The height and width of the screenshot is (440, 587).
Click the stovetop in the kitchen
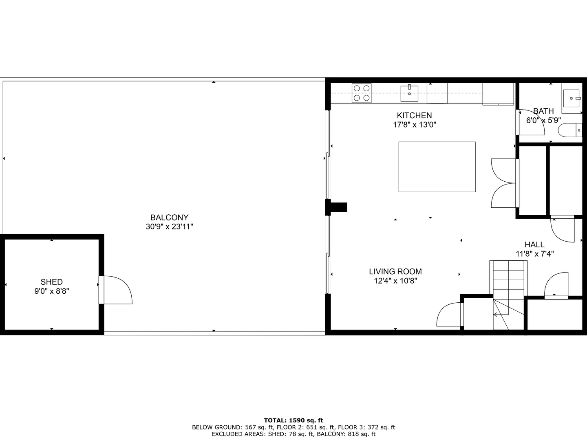coord(362,93)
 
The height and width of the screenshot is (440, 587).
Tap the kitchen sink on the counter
coord(409,93)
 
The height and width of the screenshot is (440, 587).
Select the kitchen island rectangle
coord(437,167)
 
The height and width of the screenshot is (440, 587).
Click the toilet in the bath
coord(569,130)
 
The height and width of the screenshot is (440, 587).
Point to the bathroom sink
coord(572,98)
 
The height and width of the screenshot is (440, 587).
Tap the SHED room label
coord(52,282)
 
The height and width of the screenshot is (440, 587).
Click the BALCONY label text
coord(169,218)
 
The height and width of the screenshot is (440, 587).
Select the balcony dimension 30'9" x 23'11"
coord(169,227)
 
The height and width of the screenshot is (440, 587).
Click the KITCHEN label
coord(414,116)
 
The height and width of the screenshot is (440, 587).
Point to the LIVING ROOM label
coord(395,272)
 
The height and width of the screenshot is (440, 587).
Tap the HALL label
coord(534,244)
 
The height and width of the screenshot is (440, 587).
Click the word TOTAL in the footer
coord(276,420)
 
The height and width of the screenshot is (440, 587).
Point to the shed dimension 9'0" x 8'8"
coord(52,291)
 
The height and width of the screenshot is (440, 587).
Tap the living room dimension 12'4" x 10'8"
coord(395,281)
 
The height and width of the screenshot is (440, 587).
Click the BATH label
coord(543,111)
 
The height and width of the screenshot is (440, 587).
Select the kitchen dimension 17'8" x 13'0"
coord(414,125)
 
